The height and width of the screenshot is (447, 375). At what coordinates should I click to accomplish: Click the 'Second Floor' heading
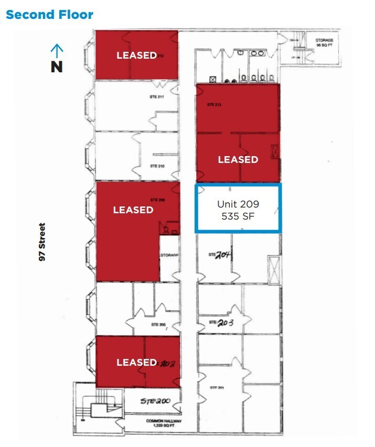49,14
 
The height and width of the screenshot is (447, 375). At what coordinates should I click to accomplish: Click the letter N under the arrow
57,67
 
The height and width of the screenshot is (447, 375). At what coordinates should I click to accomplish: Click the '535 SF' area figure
238,215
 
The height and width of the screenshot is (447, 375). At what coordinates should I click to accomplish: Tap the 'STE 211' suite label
157,97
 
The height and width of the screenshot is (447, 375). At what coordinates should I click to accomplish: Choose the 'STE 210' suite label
157,166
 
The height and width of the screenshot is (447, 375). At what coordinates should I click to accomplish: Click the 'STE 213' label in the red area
215,105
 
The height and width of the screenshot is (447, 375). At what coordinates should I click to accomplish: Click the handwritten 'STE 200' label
156,401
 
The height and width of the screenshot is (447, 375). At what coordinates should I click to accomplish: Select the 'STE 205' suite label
158,325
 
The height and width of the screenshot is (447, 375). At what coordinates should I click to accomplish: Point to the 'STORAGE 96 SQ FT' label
324,43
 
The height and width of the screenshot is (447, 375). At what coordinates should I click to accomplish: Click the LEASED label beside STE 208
133,210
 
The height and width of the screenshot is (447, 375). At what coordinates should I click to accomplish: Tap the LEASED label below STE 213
238,159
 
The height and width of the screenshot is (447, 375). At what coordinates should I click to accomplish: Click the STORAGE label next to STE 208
170,255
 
